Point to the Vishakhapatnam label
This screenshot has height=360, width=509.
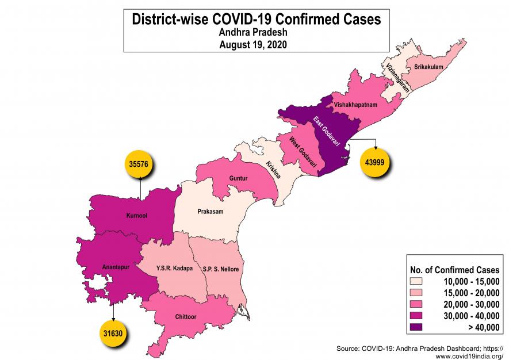[x=355, y=106]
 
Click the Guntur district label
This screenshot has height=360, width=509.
[x=238, y=179]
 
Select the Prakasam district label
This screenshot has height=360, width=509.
[x=210, y=211]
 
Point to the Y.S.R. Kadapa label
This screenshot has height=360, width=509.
[x=174, y=269]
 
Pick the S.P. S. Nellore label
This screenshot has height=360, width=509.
[x=221, y=269]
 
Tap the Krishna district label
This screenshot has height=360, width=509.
[x=273, y=171]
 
